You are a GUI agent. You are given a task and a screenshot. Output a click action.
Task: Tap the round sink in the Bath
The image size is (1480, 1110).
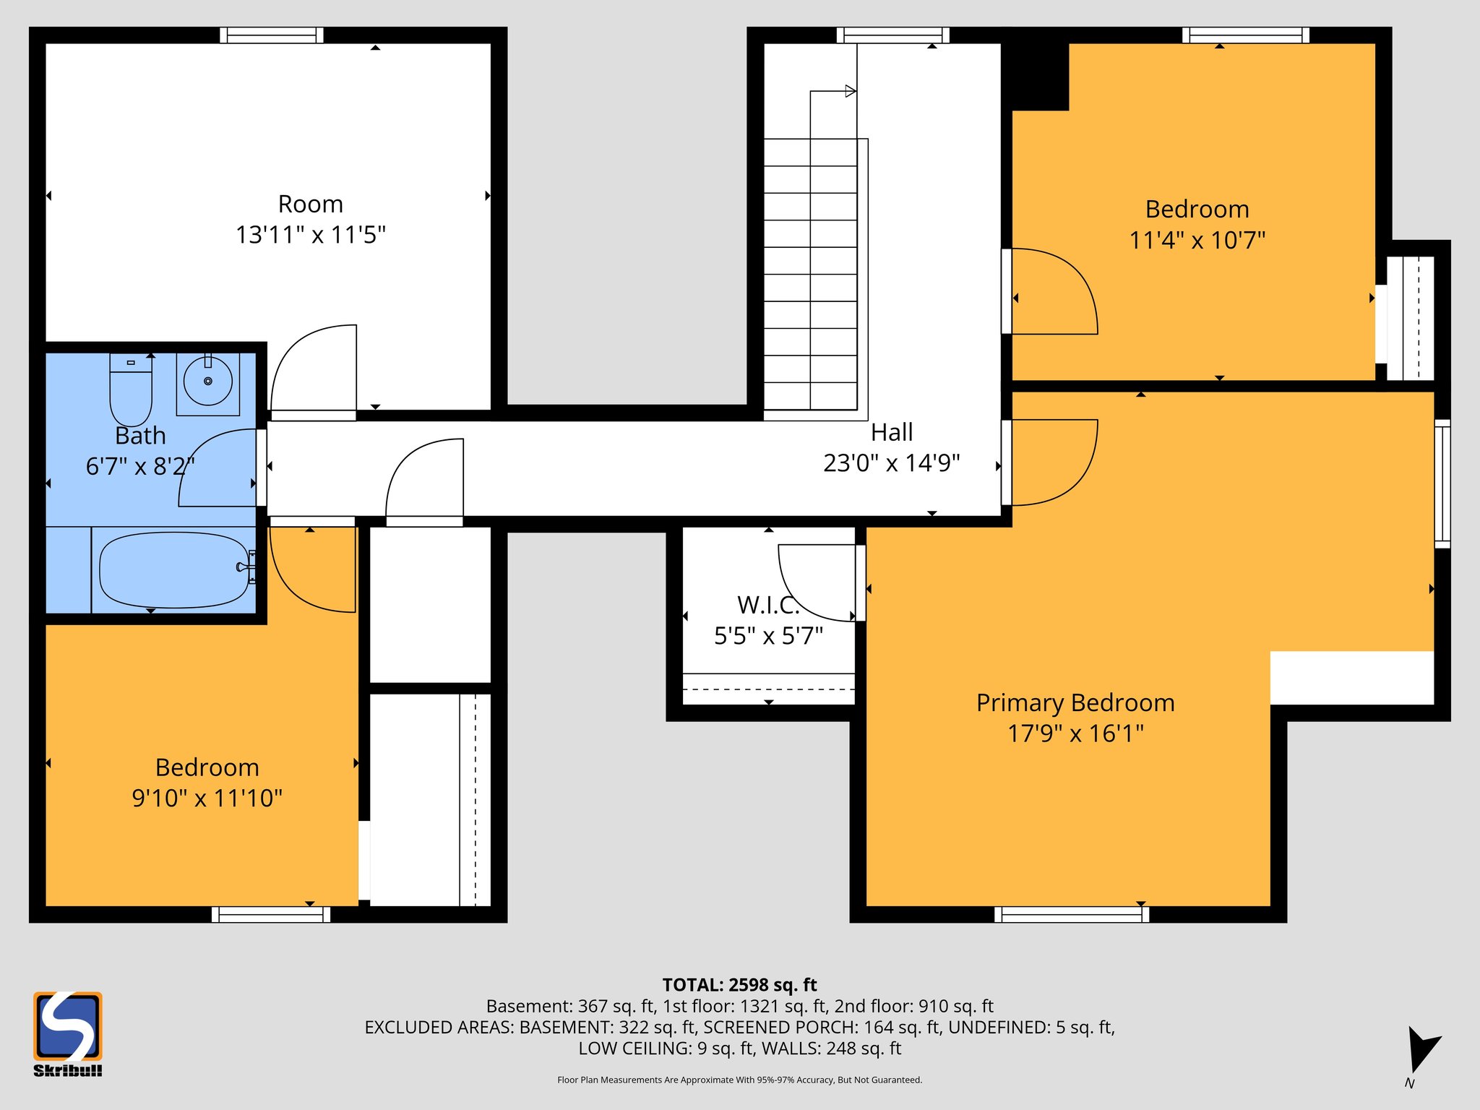click(208, 381)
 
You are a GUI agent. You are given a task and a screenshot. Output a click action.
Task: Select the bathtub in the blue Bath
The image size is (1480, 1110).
click(173, 570)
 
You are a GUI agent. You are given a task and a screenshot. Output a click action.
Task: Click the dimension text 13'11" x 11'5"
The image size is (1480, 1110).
click(311, 235)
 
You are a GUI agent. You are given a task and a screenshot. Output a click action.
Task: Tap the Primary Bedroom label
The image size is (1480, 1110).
click(1075, 702)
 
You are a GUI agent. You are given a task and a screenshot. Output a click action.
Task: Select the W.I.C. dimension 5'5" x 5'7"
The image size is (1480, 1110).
click(768, 636)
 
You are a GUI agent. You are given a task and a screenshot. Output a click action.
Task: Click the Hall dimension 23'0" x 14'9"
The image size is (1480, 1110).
click(891, 462)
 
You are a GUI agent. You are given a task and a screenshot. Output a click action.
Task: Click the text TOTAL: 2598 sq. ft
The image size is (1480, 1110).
click(739, 985)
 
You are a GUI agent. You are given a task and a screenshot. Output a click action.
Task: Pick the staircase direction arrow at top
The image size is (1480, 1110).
click(851, 91)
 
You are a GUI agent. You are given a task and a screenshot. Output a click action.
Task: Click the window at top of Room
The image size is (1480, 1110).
click(272, 35)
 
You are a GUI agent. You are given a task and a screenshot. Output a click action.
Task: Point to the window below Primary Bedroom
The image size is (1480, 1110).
click(1072, 914)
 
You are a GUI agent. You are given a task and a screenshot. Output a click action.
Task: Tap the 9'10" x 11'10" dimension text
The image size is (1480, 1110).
click(207, 798)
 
